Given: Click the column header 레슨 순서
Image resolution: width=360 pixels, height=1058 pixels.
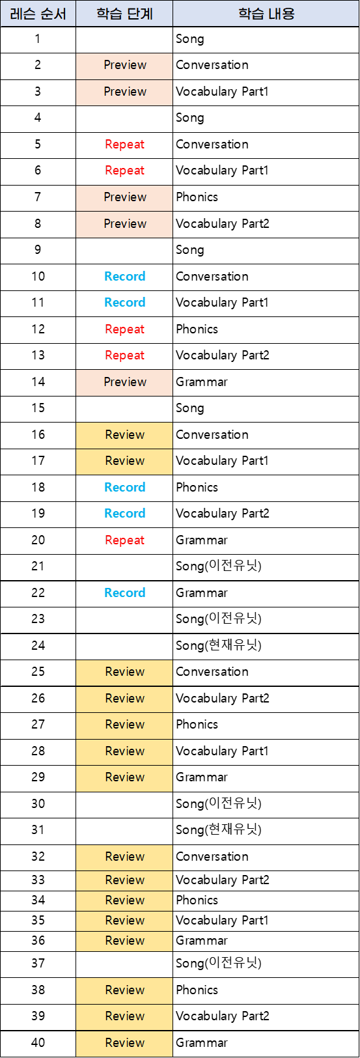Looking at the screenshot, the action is pos(38,14).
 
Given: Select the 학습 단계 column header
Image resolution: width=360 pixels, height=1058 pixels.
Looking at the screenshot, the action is pos(125,14).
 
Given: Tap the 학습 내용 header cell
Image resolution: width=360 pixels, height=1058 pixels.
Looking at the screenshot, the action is pos(266,14).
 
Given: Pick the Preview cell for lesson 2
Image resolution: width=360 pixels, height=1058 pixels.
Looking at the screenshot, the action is pos(125,65).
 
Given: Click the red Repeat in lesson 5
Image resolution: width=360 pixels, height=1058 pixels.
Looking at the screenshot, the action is pos(125,145).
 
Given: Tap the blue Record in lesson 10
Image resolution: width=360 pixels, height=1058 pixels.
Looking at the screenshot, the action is pos(125,276).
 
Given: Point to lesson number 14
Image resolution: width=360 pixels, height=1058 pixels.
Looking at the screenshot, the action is pos(38,382).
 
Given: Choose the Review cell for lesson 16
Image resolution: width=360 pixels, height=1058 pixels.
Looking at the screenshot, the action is pos(125,434).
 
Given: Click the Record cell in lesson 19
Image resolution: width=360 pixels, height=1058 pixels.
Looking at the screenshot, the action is pos(125,514).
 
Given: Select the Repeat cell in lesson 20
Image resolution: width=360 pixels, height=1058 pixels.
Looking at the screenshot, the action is pos(125,540).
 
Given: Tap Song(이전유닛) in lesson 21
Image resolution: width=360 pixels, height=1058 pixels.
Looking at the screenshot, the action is pos(219,566).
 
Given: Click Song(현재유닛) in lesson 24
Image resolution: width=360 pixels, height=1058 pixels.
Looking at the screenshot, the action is pos(219,645).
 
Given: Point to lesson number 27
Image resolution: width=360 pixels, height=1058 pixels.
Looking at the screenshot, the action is pos(38,724).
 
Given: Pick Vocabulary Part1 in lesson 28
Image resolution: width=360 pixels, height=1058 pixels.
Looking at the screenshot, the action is pos(222,751).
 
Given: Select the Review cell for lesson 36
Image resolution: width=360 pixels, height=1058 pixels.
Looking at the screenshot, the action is pos(125,940).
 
